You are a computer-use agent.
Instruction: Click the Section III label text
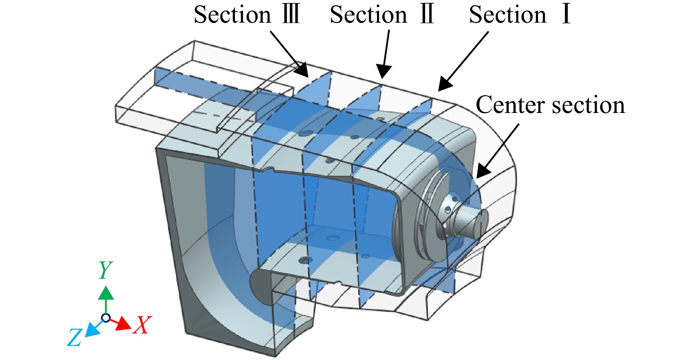point(247,15)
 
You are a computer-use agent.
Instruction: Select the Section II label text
point(382,15)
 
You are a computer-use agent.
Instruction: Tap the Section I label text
point(520,15)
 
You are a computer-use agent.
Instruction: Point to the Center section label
point(550,105)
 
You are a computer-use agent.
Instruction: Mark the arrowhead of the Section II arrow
point(383,72)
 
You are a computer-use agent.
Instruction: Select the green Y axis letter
point(105,270)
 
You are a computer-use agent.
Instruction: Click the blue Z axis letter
point(74,337)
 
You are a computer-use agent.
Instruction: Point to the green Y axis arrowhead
point(106,293)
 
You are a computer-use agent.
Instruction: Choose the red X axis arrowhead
point(124,324)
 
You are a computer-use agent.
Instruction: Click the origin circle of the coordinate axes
point(106,317)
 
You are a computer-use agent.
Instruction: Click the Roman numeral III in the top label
point(291,15)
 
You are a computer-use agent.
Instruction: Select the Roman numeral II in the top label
point(427,15)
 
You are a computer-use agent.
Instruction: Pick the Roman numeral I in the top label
point(566,15)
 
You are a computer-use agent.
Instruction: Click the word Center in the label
point(510,105)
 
